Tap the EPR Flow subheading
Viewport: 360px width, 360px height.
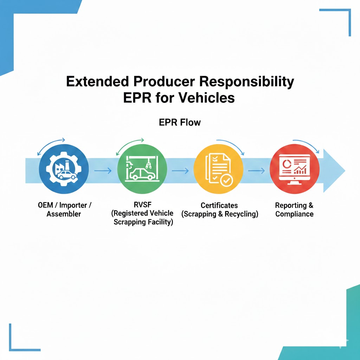180,122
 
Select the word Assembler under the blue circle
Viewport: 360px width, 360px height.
64,214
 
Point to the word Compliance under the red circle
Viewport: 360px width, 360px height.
294,214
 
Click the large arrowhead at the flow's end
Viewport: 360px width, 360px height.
334,171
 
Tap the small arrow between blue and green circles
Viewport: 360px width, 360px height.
103,171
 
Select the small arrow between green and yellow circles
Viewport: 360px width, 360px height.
180,171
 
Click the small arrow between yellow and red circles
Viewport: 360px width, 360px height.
256,171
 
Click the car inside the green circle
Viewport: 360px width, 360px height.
142,174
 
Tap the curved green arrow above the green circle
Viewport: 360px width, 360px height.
129,147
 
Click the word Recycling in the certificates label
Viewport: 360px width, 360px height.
239,214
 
